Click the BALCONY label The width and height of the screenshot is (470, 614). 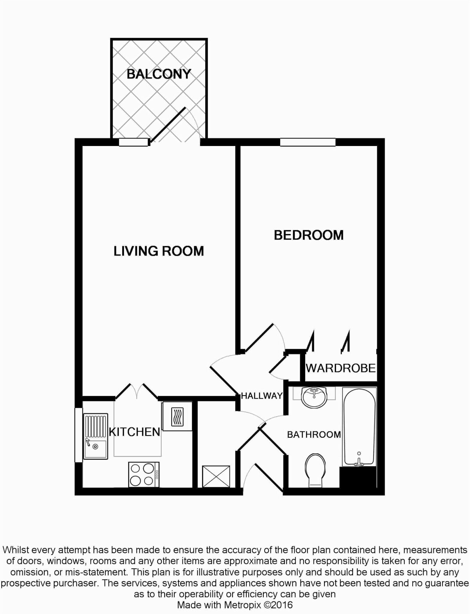click(x=159, y=74)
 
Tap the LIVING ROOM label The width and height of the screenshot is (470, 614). click(x=159, y=251)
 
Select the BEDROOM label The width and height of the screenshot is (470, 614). click(x=308, y=235)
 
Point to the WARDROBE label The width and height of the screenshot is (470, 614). click(x=341, y=368)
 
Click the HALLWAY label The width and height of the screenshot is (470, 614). click(x=262, y=396)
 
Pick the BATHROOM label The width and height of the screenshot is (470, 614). click(x=314, y=434)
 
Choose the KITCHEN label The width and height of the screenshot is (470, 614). click(x=135, y=432)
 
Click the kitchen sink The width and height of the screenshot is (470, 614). click(x=95, y=437)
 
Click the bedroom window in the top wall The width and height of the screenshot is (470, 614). click(x=308, y=142)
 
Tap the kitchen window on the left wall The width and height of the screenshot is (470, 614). click(x=79, y=435)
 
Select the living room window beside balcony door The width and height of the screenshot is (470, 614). click(x=133, y=142)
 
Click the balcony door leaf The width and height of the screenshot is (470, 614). click(x=168, y=125)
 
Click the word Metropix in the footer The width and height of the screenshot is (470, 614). click(x=243, y=605)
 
